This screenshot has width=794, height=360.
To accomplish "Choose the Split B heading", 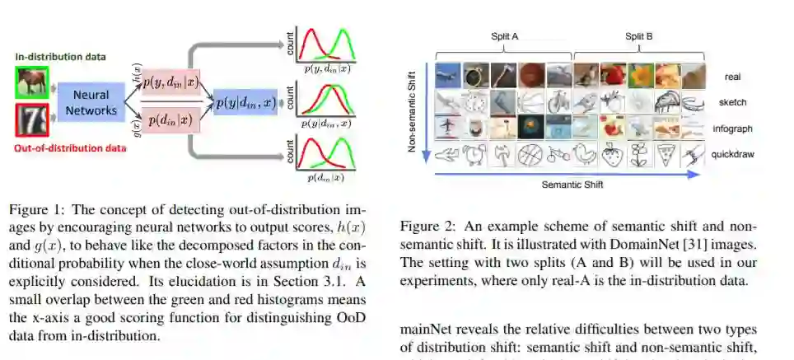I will pos(638,38).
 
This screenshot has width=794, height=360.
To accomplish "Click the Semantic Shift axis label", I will pos(572,184).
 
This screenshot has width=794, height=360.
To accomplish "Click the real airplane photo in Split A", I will pos(447,75).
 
